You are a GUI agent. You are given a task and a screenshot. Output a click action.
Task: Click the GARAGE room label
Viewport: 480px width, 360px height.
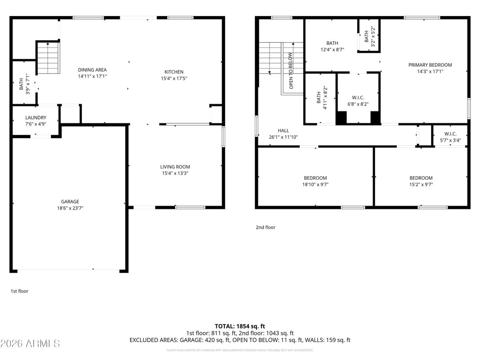pyautogui.click(x=70, y=202)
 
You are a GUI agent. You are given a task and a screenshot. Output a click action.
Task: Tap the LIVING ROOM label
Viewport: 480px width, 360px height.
pyautogui.click(x=175, y=167)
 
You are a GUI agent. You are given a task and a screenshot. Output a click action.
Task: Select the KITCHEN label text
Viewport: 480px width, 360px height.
pyautogui.click(x=174, y=72)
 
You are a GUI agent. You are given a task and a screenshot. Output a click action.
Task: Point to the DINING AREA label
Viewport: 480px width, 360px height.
pyautogui.click(x=92, y=70)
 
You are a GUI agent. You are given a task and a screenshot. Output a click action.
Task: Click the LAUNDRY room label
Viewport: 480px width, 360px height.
pyautogui.click(x=36, y=118)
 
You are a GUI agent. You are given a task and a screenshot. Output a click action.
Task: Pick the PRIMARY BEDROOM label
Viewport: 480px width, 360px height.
pyautogui.click(x=430, y=65)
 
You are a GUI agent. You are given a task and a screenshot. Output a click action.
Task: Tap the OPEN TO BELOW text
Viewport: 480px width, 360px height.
pyautogui.click(x=291, y=71)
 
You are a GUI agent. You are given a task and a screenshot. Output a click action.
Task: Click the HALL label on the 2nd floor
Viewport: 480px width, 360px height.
pyautogui.click(x=283, y=130)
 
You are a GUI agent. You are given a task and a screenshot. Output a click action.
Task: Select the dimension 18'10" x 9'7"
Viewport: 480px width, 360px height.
pyautogui.click(x=315, y=185)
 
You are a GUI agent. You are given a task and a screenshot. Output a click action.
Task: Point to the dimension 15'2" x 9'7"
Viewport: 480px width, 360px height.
pyautogui.click(x=421, y=185)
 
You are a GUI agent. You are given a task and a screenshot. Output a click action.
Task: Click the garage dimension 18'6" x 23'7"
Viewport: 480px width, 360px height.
pyautogui.click(x=70, y=208)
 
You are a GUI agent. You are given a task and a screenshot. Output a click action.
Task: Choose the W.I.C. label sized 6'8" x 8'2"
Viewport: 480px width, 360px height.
pyautogui.click(x=358, y=98)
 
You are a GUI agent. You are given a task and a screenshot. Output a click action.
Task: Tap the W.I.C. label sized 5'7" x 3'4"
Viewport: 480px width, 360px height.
pyautogui.click(x=450, y=134)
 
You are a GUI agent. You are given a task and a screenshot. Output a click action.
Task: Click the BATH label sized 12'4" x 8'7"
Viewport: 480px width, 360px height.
pyautogui.click(x=332, y=43)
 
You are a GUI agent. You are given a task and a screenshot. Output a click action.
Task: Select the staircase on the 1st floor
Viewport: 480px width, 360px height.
pyautogui.click(x=48, y=58)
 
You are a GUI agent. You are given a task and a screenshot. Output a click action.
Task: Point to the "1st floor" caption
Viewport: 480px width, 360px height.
pyautogui.click(x=19, y=291)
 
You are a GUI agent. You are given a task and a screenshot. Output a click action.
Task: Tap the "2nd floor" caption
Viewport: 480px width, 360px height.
pyautogui.click(x=266, y=227)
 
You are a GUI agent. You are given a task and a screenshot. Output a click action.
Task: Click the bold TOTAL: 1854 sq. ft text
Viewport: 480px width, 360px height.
pyautogui.click(x=240, y=326)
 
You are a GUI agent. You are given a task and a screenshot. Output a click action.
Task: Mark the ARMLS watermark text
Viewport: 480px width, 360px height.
pyautogui.click(x=30, y=343)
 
